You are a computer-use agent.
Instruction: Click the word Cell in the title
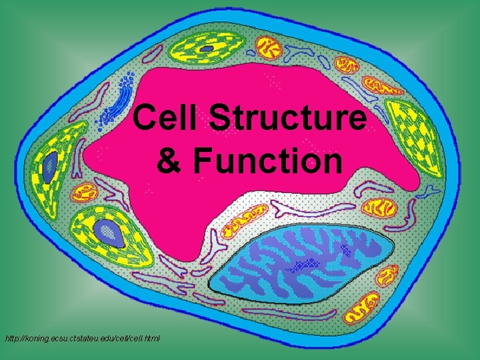point(166,119)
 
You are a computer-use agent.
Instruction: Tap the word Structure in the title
point(288,119)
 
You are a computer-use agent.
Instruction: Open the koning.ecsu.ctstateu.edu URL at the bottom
point(82,339)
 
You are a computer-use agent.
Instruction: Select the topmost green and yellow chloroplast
point(208,49)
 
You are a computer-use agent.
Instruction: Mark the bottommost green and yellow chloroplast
point(105,230)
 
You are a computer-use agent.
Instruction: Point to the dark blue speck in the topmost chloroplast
point(208,49)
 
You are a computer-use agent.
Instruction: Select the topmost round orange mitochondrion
point(270,47)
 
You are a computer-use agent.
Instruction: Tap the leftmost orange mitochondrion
point(85,193)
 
